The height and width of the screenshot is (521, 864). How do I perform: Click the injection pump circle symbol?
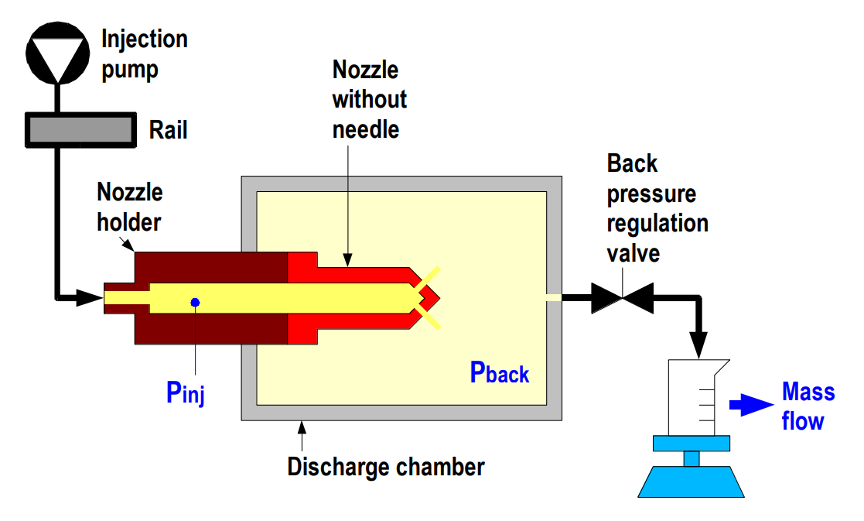(56, 54)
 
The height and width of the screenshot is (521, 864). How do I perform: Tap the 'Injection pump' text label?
(144, 54)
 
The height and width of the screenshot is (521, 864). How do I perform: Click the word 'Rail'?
(168, 130)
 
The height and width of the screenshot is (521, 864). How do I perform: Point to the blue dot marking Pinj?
(196, 302)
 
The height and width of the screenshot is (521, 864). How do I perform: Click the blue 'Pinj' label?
(185, 392)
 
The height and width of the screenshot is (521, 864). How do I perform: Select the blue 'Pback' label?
(499, 373)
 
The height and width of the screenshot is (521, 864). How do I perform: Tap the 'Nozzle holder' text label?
(129, 207)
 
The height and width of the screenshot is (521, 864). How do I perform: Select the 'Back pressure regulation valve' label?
(657, 207)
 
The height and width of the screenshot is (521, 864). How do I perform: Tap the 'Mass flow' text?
(808, 406)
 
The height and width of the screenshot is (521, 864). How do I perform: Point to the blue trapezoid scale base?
(692, 481)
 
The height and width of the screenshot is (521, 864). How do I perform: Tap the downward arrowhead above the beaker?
(699, 346)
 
